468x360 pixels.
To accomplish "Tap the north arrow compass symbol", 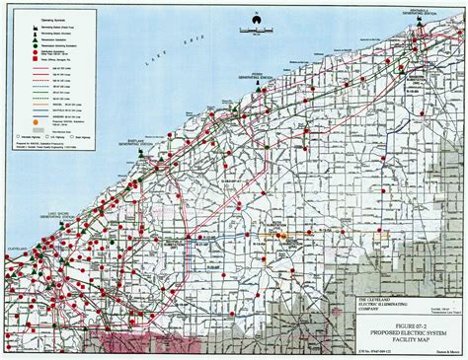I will click(x=260, y=15).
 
